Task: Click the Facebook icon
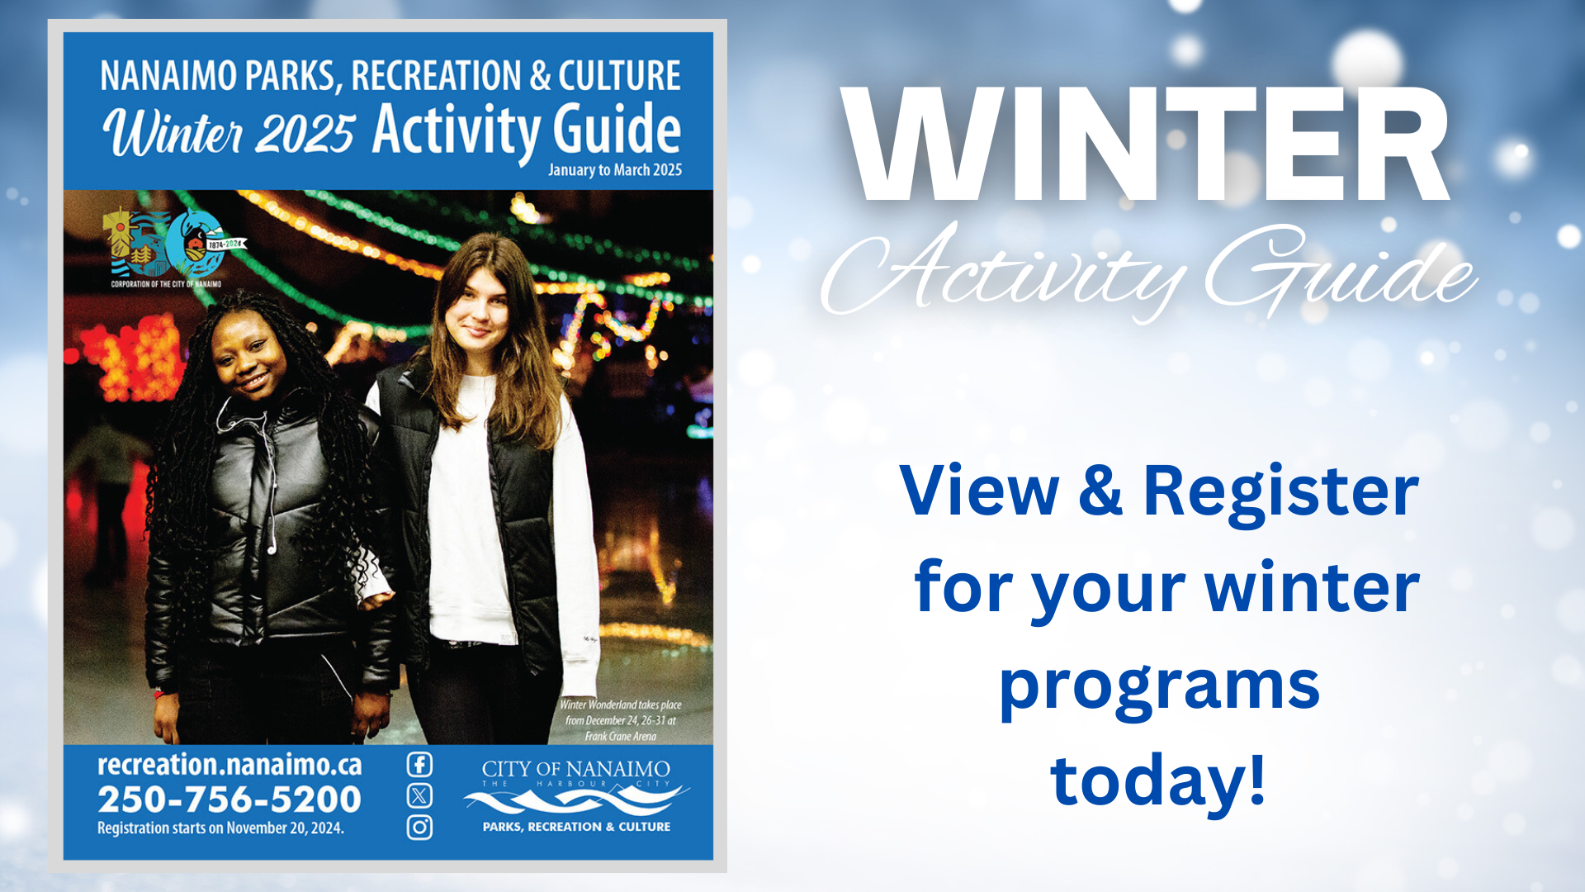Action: tap(419, 764)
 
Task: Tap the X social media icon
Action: tap(419, 795)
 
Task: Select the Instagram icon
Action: tap(419, 827)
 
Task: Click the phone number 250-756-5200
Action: tap(229, 799)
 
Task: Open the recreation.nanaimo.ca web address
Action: tap(229, 765)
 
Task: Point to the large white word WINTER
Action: tap(1147, 145)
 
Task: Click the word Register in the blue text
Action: tap(1280, 491)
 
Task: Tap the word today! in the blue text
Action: tap(1158, 780)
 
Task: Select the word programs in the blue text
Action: tap(1159, 686)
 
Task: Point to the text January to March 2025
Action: tap(615, 170)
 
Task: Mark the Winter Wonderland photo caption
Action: tap(621, 720)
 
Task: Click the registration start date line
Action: tap(220, 828)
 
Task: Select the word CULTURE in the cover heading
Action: tap(619, 76)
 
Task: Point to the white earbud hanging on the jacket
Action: tap(272, 548)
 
